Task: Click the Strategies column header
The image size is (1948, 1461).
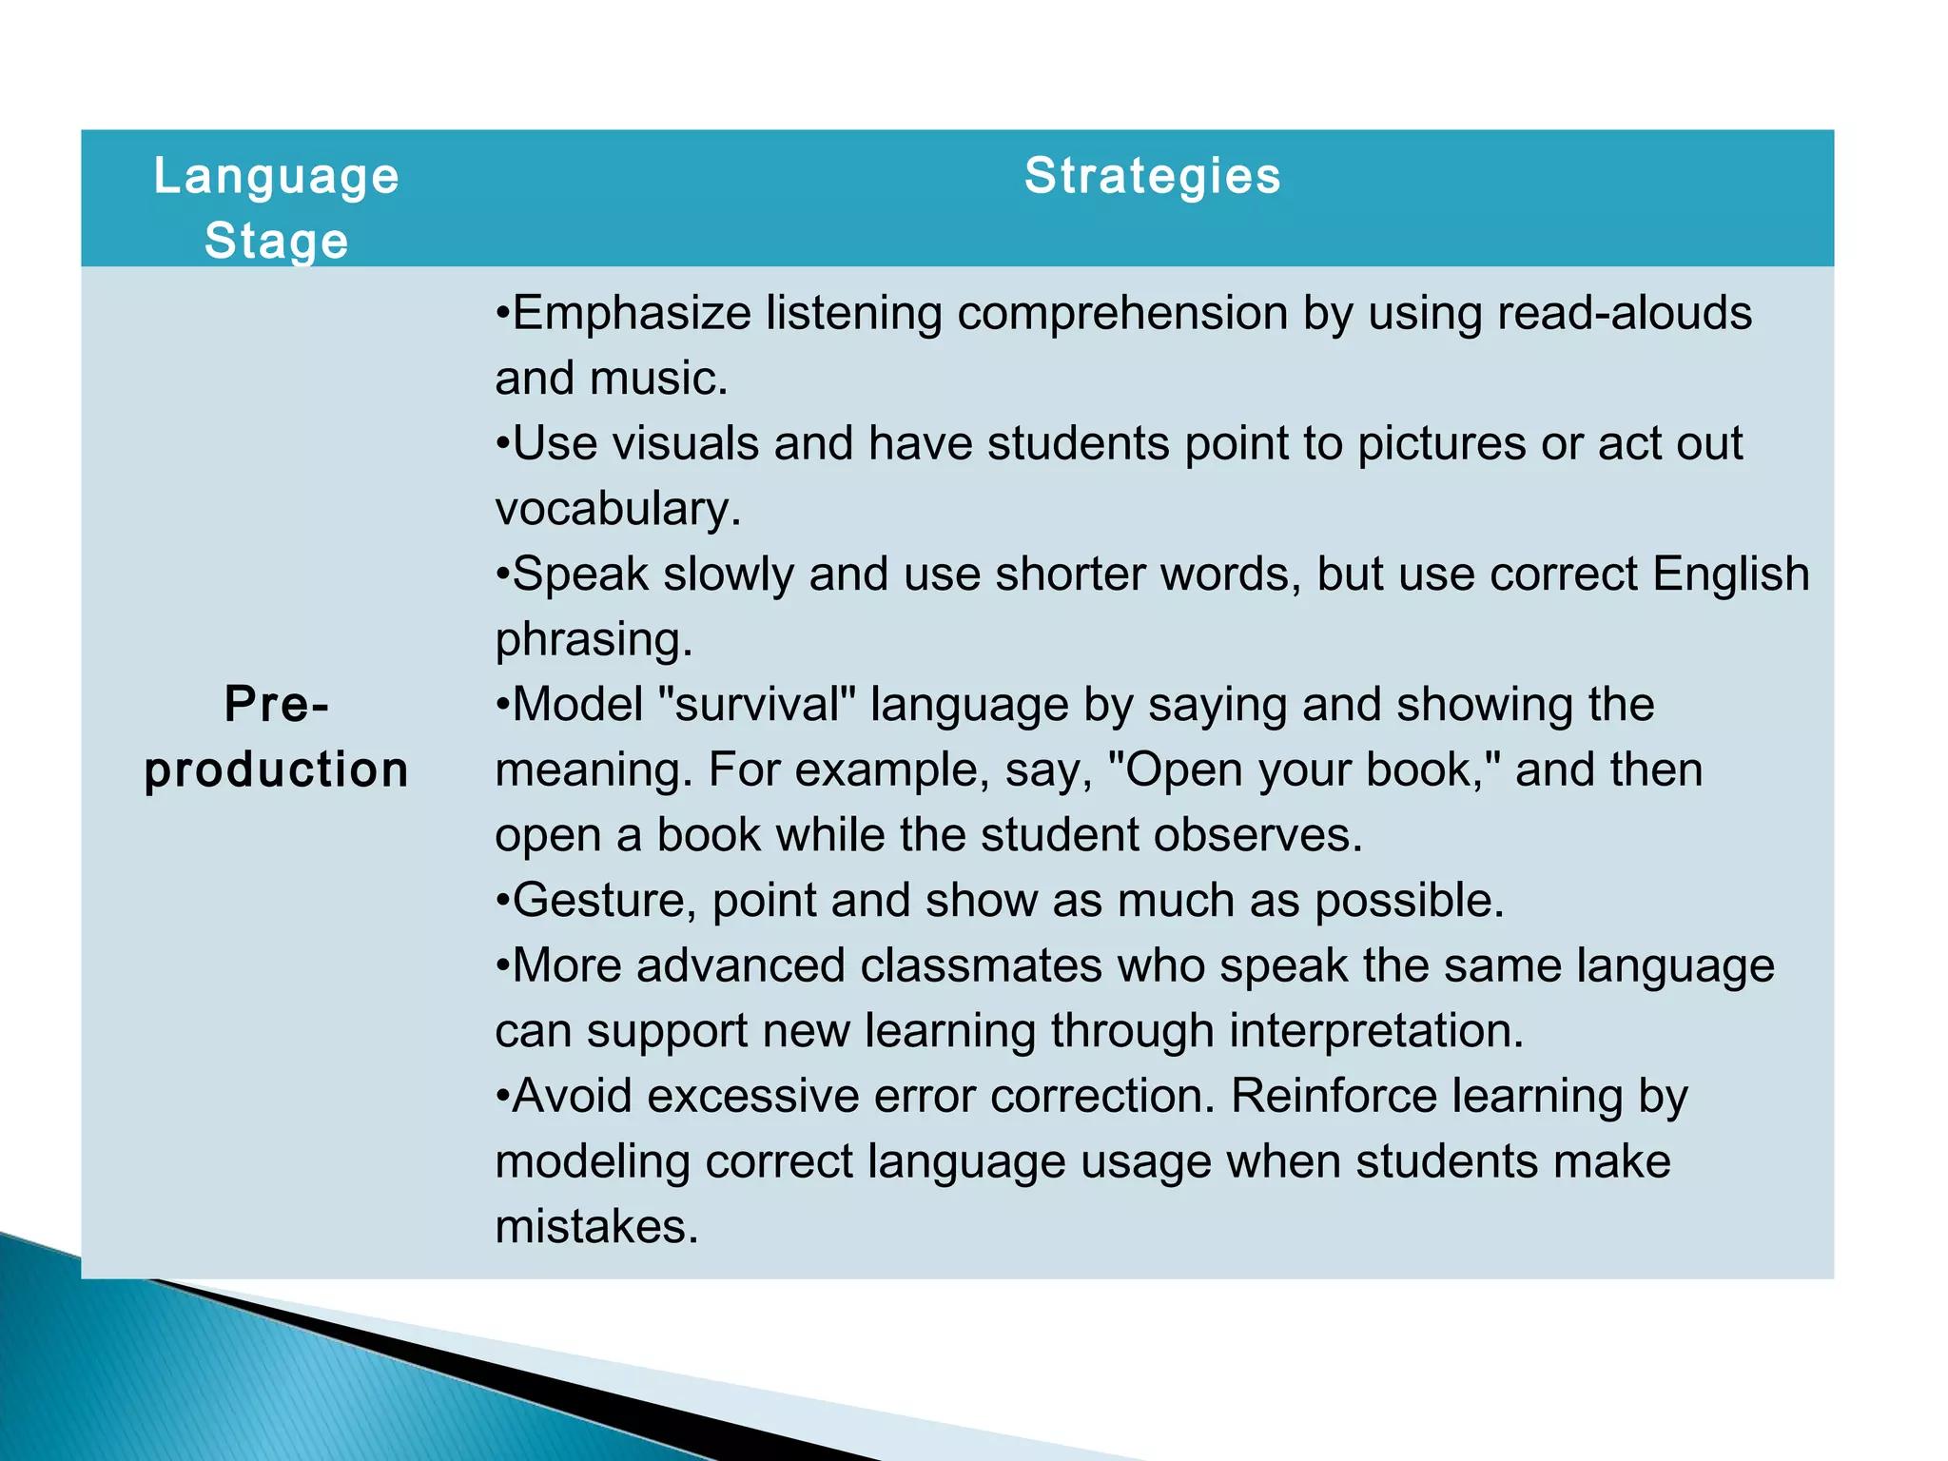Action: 1152,176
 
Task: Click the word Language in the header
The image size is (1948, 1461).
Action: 277,178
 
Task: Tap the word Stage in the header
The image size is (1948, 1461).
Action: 277,241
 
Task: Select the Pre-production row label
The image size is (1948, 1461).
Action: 277,737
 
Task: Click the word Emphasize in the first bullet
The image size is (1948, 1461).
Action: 632,313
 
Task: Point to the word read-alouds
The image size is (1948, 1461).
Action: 1624,313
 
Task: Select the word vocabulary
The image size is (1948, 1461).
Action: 617,509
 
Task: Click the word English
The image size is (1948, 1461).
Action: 1730,574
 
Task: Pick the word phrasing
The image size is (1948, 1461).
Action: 594,639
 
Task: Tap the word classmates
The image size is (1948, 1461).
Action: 981,965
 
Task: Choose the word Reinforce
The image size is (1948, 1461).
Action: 1334,1096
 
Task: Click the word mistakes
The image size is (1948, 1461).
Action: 596,1227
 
